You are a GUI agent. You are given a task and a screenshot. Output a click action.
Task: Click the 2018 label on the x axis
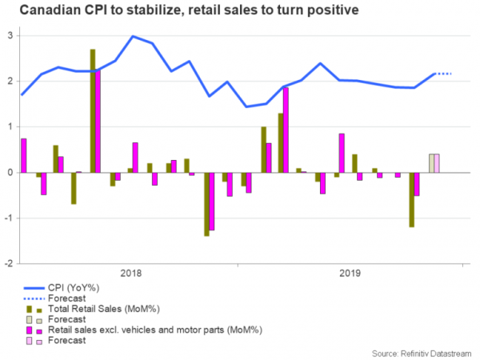[x=131, y=274]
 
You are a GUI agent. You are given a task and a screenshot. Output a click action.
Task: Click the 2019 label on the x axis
[x=349, y=274]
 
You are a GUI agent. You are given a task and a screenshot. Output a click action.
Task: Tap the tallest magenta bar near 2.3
[x=98, y=120]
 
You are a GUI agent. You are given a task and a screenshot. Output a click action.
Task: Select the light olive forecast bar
[x=431, y=163]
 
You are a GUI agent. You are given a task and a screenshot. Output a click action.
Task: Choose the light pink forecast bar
[x=437, y=163]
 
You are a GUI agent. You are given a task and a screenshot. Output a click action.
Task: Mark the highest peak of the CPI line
[x=132, y=36]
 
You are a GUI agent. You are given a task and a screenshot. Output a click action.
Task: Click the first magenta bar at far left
[x=24, y=155]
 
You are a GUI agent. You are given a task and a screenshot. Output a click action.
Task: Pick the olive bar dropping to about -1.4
[x=206, y=204]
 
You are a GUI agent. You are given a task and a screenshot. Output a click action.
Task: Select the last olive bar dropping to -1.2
[x=412, y=200]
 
